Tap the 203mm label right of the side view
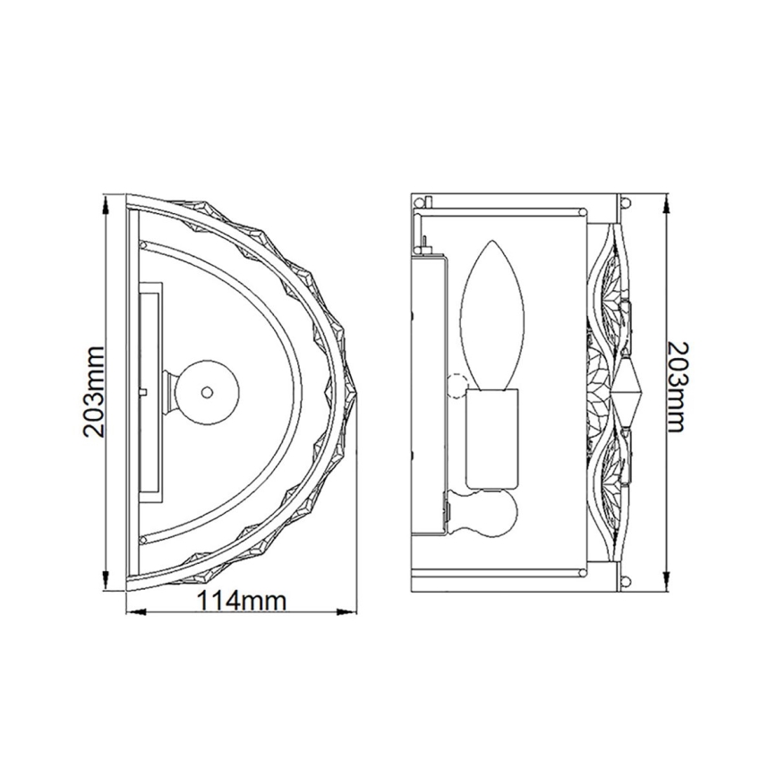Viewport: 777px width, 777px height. coord(683,387)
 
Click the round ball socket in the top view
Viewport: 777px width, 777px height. coord(205,391)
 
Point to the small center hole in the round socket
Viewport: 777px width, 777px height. coord(207,391)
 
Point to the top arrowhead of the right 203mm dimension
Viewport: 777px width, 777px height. coord(666,203)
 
